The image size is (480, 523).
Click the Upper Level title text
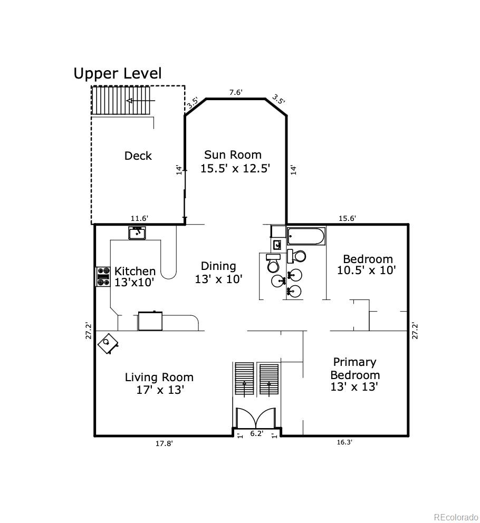click(117, 73)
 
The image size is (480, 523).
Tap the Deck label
click(138, 156)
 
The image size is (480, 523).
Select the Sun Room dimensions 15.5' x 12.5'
click(235, 169)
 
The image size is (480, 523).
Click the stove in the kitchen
click(102, 277)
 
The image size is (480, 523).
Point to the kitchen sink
click(138, 233)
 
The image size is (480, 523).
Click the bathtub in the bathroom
click(306, 236)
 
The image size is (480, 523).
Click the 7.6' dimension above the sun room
click(235, 92)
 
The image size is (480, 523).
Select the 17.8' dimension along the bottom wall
click(164, 443)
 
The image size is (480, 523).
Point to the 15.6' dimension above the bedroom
click(347, 218)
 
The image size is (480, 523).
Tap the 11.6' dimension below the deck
click(139, 218)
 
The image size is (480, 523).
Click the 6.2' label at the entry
click(256, 433)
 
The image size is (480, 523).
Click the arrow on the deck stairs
click(137, 101)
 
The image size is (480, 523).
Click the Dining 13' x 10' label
click(218, 273)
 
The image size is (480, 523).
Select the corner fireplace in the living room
click(109, 343)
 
